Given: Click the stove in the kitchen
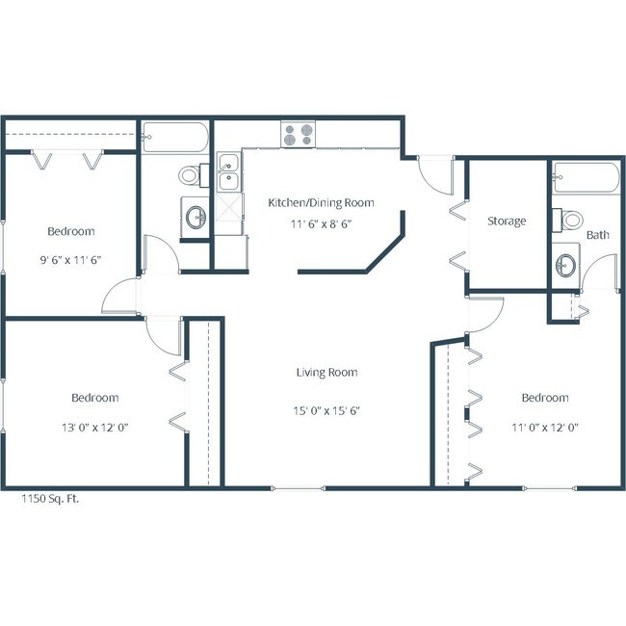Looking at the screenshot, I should click(298, 134).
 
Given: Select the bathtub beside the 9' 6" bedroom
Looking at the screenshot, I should click(174, 138).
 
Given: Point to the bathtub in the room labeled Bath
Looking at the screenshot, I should click(586, 177).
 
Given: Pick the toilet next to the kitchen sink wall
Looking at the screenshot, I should click(190, 176).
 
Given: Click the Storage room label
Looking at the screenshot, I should click(507, 222).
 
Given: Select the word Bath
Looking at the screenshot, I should click(598, 234).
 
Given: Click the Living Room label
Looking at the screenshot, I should click(326, 372).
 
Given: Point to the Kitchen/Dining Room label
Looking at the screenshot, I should click(321, 202).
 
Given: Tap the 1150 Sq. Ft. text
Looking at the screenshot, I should click(51, 500).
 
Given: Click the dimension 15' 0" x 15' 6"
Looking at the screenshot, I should click(326, 409).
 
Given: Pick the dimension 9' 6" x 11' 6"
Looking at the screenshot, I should click(71, 259).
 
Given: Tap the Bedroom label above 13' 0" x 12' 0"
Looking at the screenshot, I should click(94, 398).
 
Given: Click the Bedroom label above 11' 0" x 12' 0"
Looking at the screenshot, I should click(544, 398).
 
